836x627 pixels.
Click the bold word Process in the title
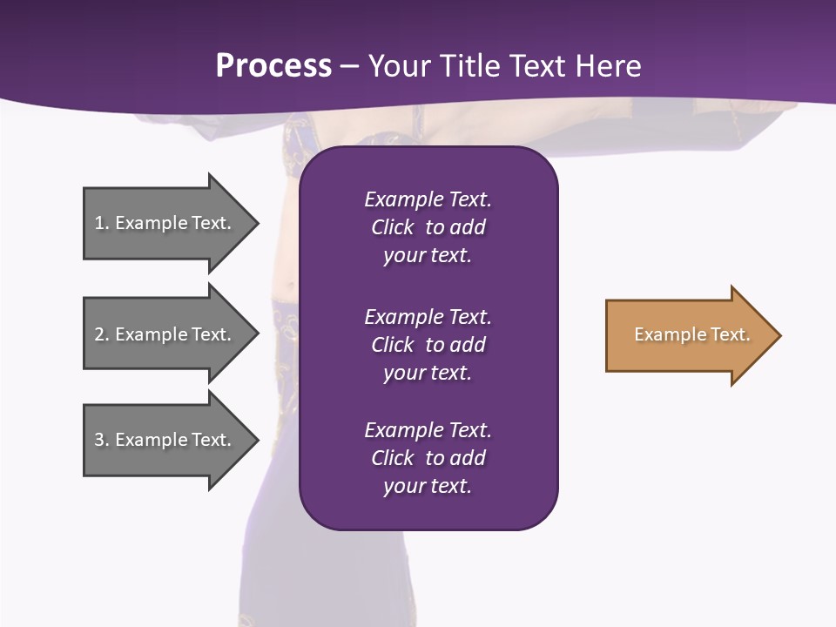[273, 66]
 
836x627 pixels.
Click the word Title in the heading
[467, 66]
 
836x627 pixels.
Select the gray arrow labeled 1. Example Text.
[165, 223]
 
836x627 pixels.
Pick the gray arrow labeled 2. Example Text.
[165, 334]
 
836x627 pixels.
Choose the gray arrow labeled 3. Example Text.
[165, 440]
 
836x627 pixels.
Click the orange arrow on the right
[688, 335]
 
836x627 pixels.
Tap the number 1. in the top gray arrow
[102, 223]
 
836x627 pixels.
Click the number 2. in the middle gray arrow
[102, 334]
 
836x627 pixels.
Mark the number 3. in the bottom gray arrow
[102, 440]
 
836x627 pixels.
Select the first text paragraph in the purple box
[428, 227]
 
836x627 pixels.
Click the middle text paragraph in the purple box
[428, 344]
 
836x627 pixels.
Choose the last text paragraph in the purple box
[428, 458]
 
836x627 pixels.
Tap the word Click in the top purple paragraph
[392, 227]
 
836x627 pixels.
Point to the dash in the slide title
[350, 66]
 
